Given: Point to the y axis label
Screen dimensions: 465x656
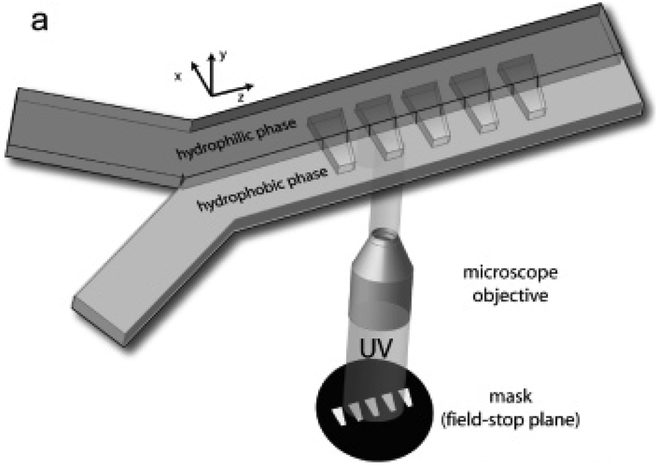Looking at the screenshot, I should coord(222,57).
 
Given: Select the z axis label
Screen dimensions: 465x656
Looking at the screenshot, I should coord(241,96).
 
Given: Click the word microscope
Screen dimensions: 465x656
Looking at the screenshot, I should coord(503,272).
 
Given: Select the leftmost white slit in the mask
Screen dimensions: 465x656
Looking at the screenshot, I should coord(341,414).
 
